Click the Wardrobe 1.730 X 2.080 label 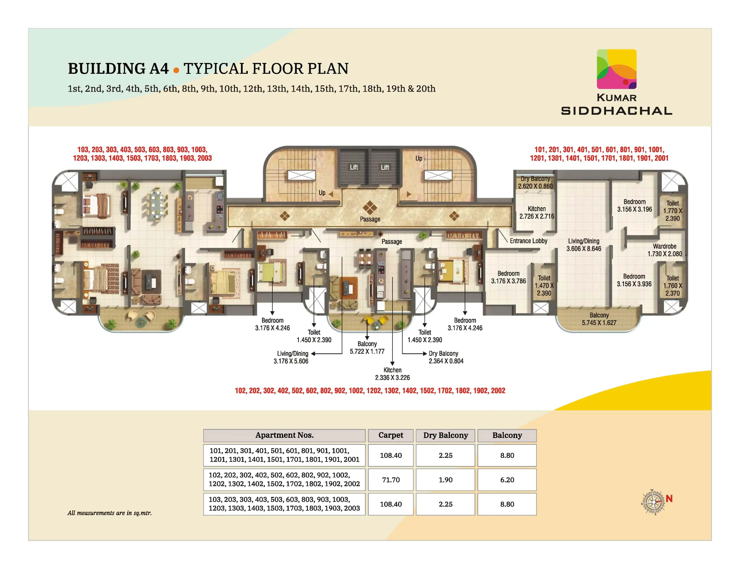click(664, 250)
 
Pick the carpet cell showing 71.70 click(391, 480)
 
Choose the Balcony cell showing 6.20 click(507, 480)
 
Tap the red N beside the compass click(669, 499)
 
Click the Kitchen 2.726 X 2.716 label click(537, 212)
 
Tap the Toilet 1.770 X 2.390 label click(673, 211)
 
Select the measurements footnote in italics click(109, 513)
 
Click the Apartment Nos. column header click(284, 435)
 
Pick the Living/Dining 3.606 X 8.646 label click(584, 245)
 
